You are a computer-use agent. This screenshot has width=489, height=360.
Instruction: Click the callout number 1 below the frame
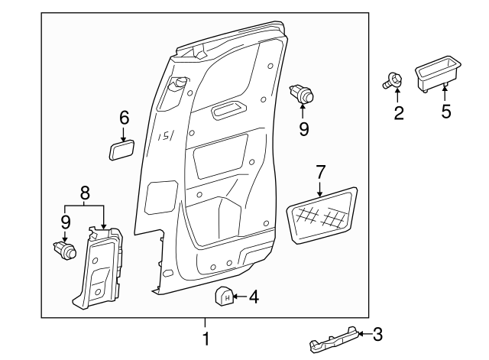click(205, 338)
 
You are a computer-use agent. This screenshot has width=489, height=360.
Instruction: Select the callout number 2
click(398, 113)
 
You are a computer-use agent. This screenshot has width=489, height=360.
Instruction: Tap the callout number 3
click(377, 333)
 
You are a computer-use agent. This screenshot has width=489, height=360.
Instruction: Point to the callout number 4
click(254, 295)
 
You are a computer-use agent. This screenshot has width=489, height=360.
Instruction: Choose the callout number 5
click(446, 112)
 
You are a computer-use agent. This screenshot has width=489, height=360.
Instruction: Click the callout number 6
click(124, 118)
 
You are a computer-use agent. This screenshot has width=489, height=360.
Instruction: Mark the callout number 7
click(320, 171)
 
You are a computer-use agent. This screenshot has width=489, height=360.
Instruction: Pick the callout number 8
click(86, 193)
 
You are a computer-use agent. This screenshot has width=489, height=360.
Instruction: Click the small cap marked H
click(225, 295)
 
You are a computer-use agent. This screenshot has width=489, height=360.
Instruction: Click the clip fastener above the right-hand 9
click(303, 95)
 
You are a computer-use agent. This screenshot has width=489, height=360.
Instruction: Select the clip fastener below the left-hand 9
click(65, 250)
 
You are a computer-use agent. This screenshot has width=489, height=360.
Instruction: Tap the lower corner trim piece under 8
click(101, 267)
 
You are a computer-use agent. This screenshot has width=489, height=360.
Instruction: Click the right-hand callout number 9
click(304, 129)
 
